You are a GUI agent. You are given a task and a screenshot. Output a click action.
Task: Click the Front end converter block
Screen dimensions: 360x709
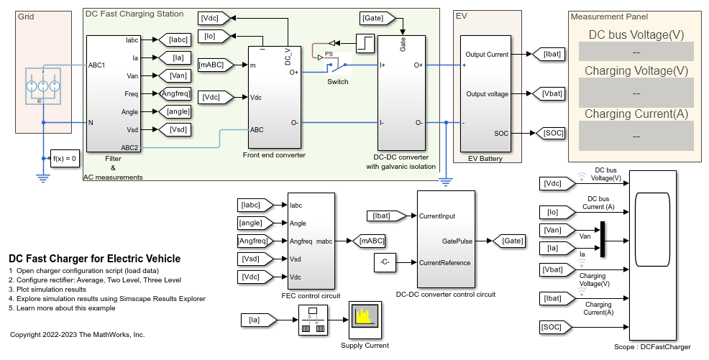tap(274, 97)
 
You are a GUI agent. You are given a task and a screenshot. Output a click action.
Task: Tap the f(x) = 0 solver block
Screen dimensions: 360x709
tap(65, 159)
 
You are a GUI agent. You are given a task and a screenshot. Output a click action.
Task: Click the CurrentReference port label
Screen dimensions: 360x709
tap(444, 262)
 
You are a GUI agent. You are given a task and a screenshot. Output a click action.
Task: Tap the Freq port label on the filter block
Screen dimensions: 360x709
tap(132, 93)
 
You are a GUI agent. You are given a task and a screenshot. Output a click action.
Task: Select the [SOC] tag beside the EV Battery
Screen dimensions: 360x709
tap(550, 133)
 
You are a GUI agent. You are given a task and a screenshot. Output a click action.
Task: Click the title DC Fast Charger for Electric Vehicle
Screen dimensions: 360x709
tap(94, 259)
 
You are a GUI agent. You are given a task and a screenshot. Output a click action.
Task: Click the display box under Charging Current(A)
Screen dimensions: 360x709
tap(636, 136)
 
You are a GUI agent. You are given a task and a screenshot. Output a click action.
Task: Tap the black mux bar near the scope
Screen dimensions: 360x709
tap(603, 239)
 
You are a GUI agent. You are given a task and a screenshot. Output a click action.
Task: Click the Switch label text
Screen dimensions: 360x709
tap(337, 81)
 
